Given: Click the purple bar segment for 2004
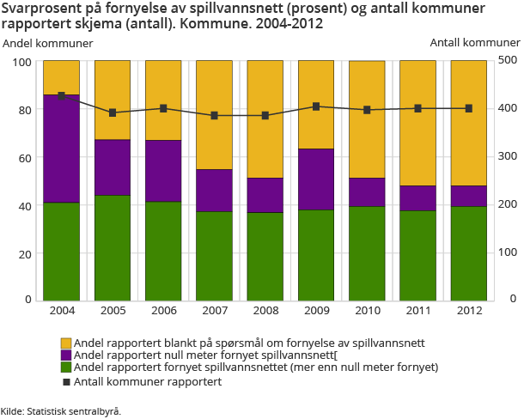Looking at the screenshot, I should pos(61,149).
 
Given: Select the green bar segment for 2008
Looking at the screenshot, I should pos(265,256).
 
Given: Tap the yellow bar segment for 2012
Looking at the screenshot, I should pos(468,123).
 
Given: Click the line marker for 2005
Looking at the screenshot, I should pos(113,112).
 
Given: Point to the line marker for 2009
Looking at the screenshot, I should pos(316,106).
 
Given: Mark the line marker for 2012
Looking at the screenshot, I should pos(468,108).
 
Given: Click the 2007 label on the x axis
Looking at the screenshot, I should pos(214,310).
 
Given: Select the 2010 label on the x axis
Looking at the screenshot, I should pos(367,310).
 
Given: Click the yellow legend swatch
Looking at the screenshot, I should pos(66,343).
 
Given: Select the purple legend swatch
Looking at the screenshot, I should pos(66,355).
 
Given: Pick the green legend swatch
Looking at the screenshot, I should pos(66,367).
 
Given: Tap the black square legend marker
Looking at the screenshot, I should pos(66,380).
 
